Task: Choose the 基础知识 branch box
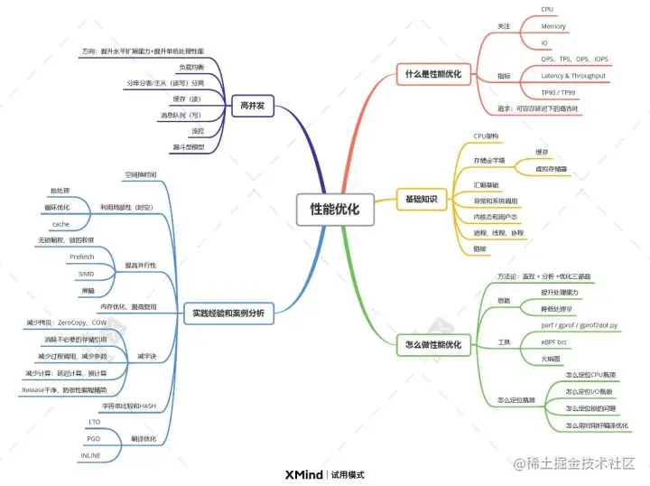click(x=420, y=197)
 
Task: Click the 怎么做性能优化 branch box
click(x=429, y=344)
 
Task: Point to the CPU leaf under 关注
click(x=547, y=9)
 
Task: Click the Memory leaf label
click(x=553, y=26)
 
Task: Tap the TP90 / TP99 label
click(x=560, y=93)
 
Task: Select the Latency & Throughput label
click(x=574, y=76)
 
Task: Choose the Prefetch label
click(x=82, y=257)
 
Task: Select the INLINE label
click(x=90, y=455)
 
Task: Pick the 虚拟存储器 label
click(x=551, y=167)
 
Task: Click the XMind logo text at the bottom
click(x=303, y=474)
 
